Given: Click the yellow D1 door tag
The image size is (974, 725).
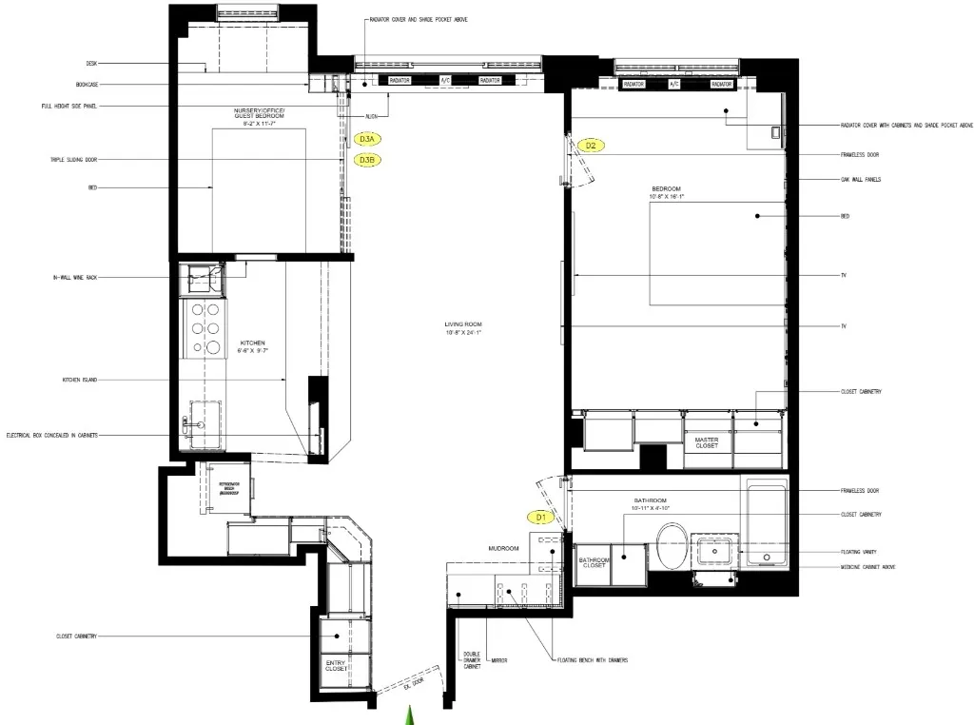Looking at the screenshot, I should pyautogui.click(x=540, y=518).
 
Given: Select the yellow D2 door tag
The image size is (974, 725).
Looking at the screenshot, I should pyautogui.click(x=591, y=146).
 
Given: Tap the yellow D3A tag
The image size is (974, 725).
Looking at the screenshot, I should pyautogui.click(x=367, y=139).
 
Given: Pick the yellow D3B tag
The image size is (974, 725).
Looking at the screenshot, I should pyautogui.click(x=367, y=160).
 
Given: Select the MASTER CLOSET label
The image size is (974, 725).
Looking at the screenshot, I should pyautogui.click(x=707, y=442).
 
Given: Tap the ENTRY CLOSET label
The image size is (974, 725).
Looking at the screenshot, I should pyautogui.click(x=337, y=665).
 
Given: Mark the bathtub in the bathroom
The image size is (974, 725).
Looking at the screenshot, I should pyautogui.click(x=766, y=523).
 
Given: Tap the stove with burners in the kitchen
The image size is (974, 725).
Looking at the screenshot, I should pyautogui.click(x=205, y=328).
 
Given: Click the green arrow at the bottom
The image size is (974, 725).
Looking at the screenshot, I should pyautogui.click(x=410, y=715).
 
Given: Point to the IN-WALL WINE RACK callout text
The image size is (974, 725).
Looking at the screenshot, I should pyautogui.click(x=75, y=278).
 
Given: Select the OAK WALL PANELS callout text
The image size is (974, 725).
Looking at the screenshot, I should pyautogui.click(x=861, y=179).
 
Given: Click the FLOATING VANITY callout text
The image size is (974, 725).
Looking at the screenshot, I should pyautogui.click(x=862, y=552).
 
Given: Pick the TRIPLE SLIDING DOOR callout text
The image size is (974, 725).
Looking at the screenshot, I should pyautogui.click(x=74, y=160).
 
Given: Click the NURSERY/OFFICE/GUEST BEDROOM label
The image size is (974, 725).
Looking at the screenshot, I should pyautogui.click(x=259, y=117).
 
